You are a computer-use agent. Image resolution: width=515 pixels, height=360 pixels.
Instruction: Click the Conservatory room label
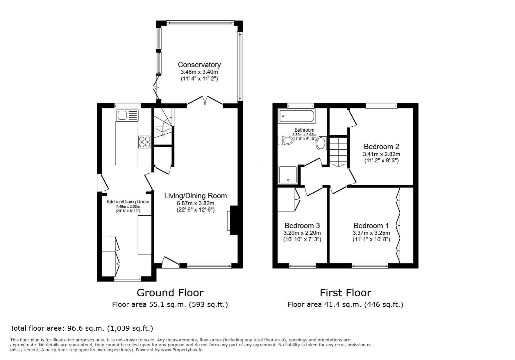pos(199,65)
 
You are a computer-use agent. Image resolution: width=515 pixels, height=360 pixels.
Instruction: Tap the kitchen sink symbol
pos(127,115)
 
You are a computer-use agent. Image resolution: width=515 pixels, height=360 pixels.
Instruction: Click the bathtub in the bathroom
pos(297,116)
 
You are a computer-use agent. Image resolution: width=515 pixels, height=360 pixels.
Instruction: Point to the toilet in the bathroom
pos(284,140)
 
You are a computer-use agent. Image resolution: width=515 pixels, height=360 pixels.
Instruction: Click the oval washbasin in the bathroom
pos(322,143)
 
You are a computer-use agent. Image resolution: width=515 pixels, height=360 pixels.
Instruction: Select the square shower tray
pos(288,175)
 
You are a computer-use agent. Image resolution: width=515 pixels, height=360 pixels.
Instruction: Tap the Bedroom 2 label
pos(381,146)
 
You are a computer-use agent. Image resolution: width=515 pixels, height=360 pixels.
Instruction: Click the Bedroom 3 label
pos(302,226)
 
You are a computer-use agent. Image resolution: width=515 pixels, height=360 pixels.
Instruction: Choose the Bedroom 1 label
pos(371,226)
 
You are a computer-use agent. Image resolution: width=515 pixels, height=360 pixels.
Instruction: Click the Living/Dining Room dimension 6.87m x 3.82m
pos(195,203)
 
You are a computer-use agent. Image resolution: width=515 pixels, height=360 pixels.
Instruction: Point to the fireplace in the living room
pos(233,221)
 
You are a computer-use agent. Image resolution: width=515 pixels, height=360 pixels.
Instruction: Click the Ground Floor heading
pos(170,293)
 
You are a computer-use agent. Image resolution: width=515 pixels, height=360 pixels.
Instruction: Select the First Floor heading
pos(345,293)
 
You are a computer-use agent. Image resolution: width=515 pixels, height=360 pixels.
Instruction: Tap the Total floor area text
pos(81,328)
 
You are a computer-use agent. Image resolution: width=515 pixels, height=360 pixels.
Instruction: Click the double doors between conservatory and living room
pos(205,101)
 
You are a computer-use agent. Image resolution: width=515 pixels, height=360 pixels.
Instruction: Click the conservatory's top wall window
pos(199,23)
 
